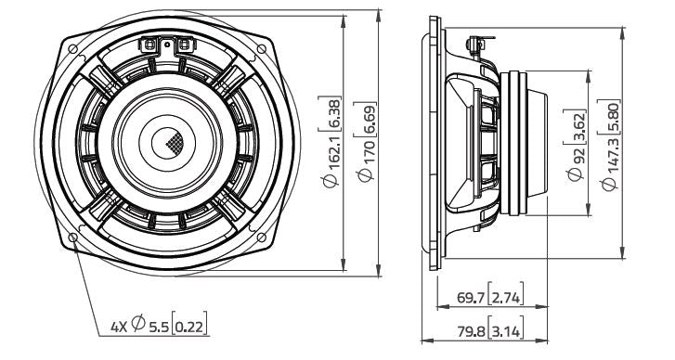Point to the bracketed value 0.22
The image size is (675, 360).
[190, 326]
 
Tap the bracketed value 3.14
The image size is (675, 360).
[506, 331]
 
